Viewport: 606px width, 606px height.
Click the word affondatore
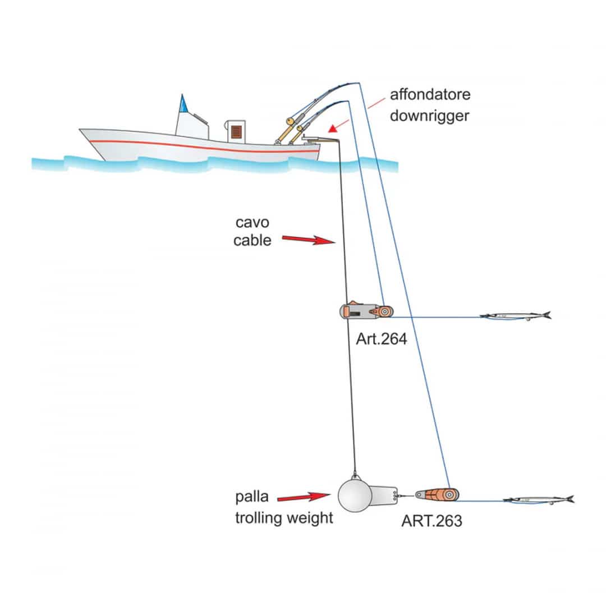[430, 94]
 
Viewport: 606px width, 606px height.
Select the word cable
[252, 241]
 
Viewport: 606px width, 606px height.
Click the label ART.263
[431, 521]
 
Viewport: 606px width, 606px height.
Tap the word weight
[309, 517]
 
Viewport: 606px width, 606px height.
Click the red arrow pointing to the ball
[303, 497]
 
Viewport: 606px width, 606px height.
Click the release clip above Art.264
[366, 311]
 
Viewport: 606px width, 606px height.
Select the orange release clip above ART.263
[438, 494]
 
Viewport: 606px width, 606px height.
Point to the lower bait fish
[538, 499]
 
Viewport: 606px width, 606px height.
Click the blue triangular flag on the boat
[183, 103]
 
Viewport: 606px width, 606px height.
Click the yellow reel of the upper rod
[290, 120]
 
